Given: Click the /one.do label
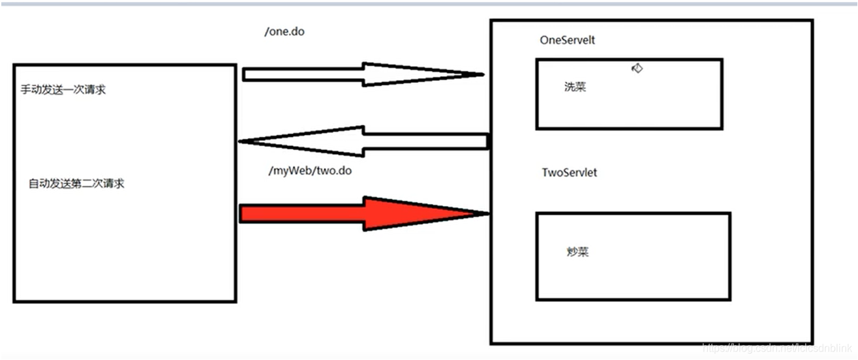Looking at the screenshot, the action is [x=284, y=32].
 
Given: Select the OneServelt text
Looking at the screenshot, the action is [x=567, y=40].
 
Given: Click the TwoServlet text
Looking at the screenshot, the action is [x=569, y=173].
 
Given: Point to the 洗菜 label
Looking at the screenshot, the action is [x=575, y=87].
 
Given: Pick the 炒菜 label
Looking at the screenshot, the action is [x=577, y=252].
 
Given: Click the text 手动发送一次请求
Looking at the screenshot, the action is [x=63, y=90].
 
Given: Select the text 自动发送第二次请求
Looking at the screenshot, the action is [x=76, y=184].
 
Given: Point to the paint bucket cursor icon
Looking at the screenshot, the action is [x=637, y=68].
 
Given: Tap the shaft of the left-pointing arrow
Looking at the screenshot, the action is [x=424, y=141].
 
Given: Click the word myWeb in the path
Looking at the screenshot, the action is [x=290, y=171].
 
